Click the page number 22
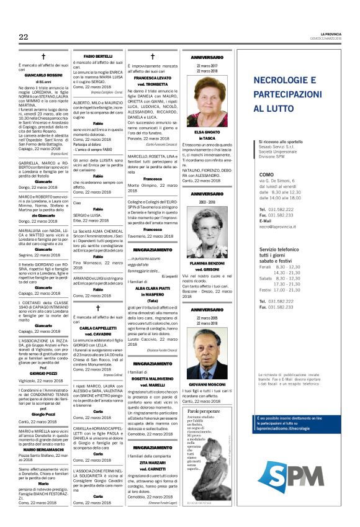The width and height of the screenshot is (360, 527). click(24, 37)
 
